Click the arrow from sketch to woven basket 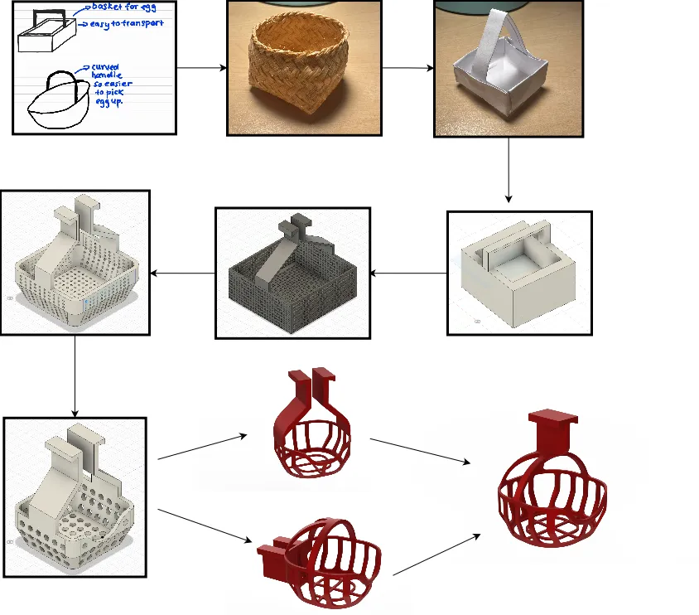(x=202, y=67)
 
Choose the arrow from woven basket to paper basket (x=407, y=67)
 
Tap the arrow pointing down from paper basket (x=509, y=171)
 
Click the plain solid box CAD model (x=518, y=273)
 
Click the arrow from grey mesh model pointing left (x=181, y=273)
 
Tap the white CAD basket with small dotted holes (x=75, y=262)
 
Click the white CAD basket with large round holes (x=75, y=496)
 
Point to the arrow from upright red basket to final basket (x=422, y=453)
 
